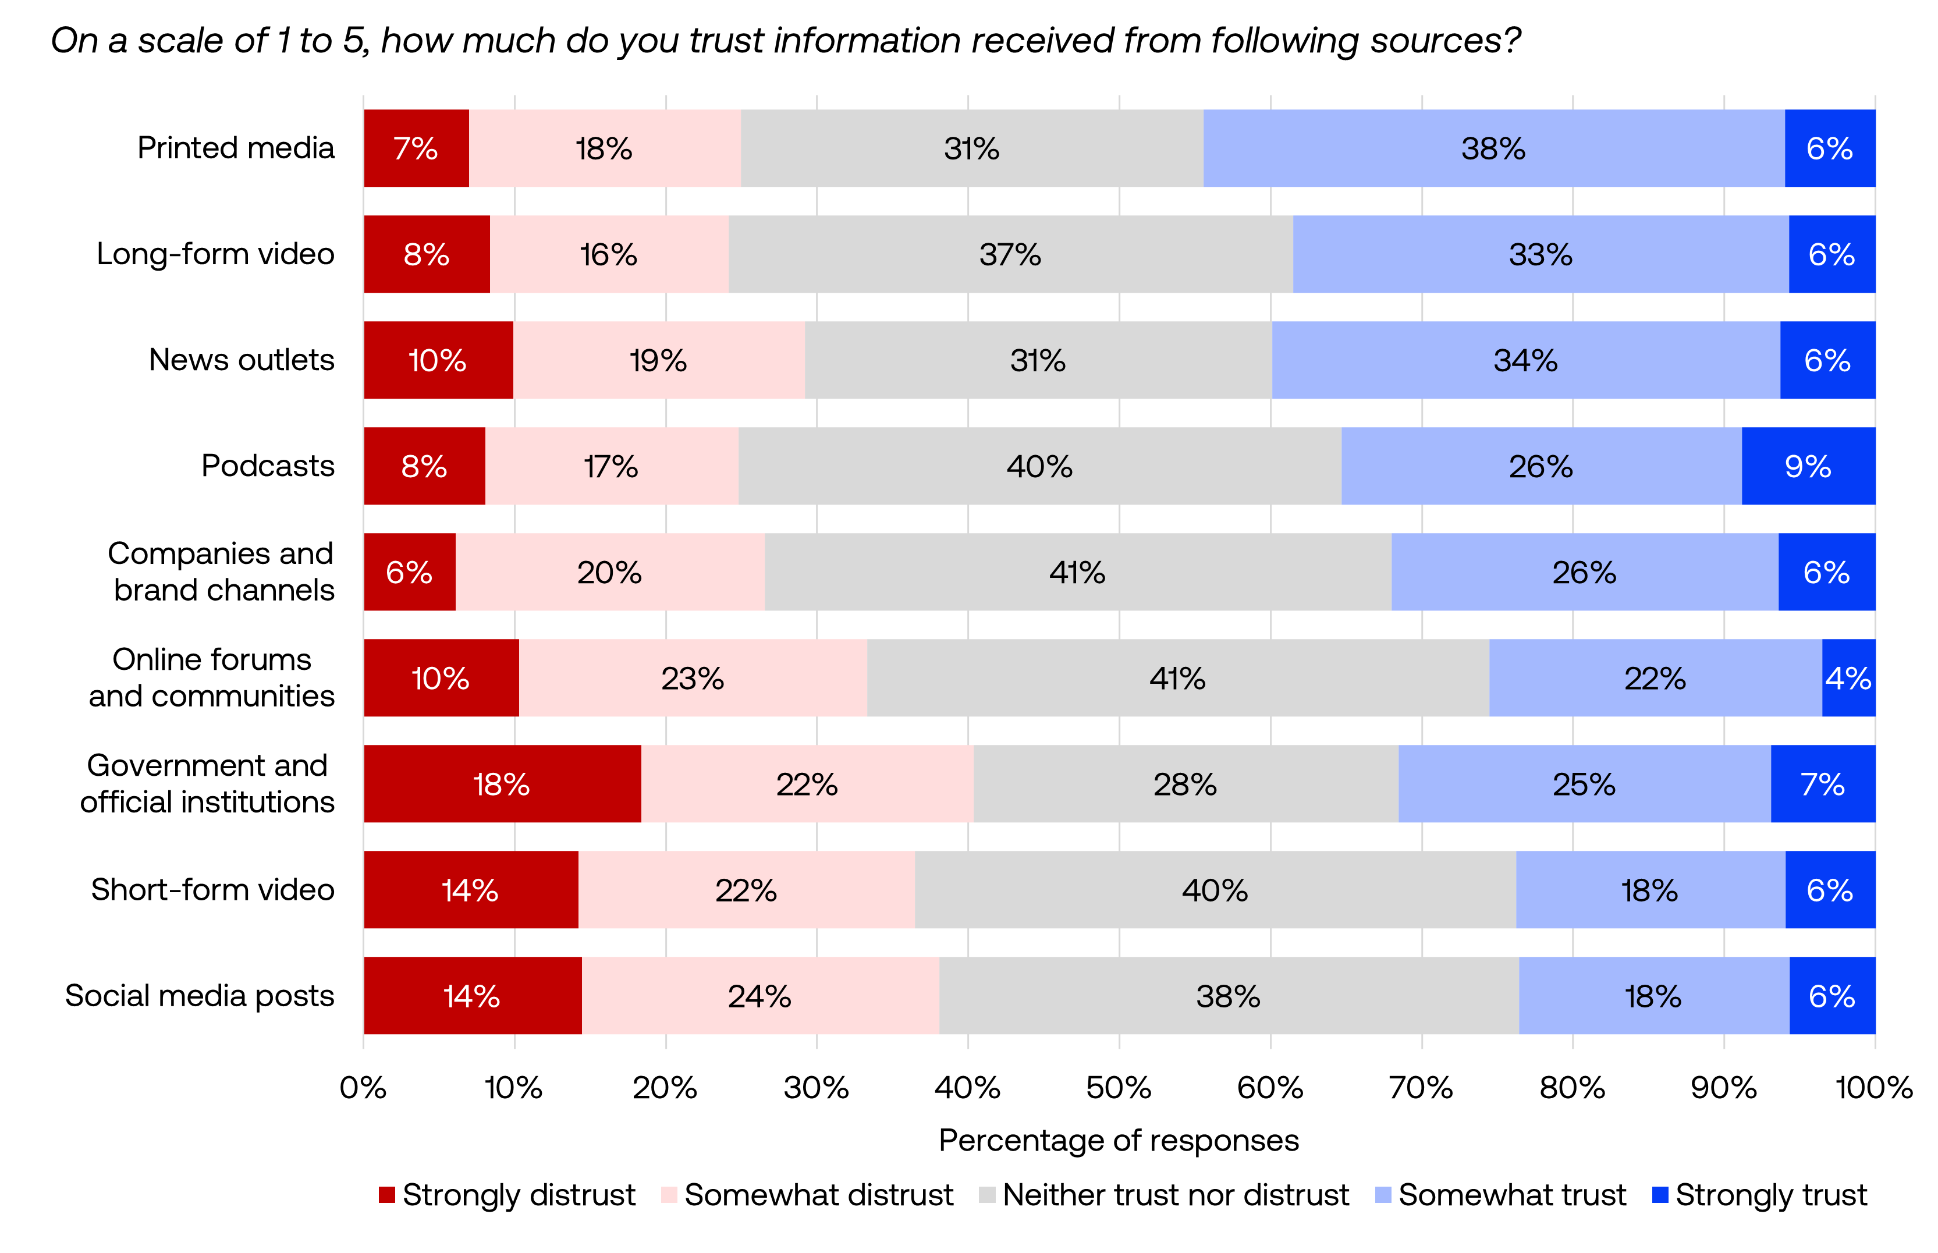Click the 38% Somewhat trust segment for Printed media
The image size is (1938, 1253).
(x=1492, y=148)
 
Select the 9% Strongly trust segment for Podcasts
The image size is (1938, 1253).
(x=1807, y=466)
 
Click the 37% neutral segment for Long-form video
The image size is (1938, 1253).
(x=1010, y=254)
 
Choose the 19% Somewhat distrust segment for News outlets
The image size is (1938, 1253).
(x=658, y=360)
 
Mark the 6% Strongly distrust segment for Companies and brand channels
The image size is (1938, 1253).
(x=409, y=572)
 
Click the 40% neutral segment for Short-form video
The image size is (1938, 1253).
(x=1214, y=889)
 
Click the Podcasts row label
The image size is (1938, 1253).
(x=268, y=466)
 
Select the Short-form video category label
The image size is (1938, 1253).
(x=212, y=889)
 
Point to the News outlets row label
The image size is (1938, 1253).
(x=241, y=360)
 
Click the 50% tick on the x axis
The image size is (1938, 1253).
(x=1118, y=1088)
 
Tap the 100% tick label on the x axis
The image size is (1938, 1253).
(x=1873, y=1088)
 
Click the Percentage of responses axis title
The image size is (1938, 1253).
(x=1118, y=1140)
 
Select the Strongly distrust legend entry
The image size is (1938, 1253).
(x=507, y=1194)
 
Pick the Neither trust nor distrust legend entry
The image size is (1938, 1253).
(x=1163, y=1194)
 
